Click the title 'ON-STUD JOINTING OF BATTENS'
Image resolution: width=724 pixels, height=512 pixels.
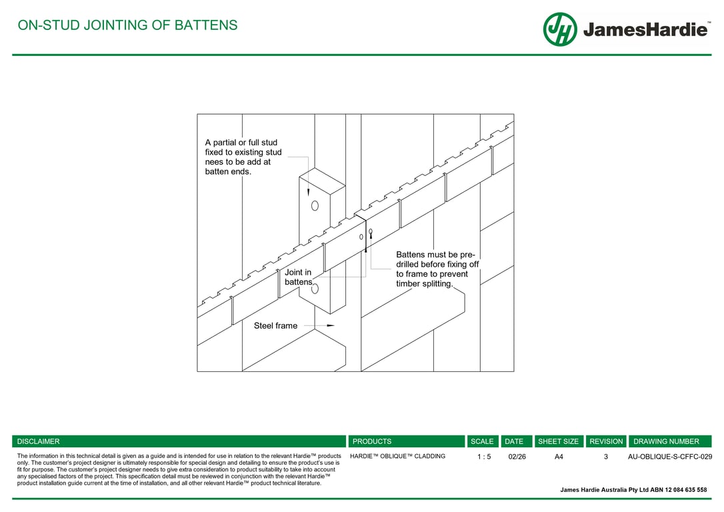[127, 25]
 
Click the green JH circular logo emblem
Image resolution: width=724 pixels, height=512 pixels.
[559, 29]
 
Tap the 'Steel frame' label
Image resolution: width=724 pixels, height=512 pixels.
[275, 326]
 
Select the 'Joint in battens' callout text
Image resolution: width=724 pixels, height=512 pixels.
[299, 277]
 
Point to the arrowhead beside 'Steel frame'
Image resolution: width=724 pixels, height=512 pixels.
[330, 325]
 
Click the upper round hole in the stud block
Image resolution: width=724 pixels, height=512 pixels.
[315, 205]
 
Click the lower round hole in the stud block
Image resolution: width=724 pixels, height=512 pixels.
[315, 289]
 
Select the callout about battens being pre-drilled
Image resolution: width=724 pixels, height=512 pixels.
[437, 269]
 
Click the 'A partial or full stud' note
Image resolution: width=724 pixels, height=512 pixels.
[243, 157]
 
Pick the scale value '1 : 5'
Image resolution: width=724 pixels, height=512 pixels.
[484, 457]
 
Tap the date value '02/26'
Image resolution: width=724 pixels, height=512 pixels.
[517, 457]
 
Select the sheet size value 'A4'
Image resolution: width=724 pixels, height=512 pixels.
[559, 457]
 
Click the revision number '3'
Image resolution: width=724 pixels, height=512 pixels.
[606, 457]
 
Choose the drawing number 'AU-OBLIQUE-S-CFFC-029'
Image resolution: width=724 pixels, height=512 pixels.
[670, 457]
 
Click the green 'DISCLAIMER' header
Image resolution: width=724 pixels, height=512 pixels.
[39, 441]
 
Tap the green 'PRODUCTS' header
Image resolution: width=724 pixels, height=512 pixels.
[372, 441]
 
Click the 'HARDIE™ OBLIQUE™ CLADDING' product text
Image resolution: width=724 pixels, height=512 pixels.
[397, 457]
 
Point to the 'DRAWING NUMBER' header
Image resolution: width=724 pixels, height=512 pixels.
[666, 441]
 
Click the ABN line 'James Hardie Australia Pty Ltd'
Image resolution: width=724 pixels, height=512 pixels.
[633, 490]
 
